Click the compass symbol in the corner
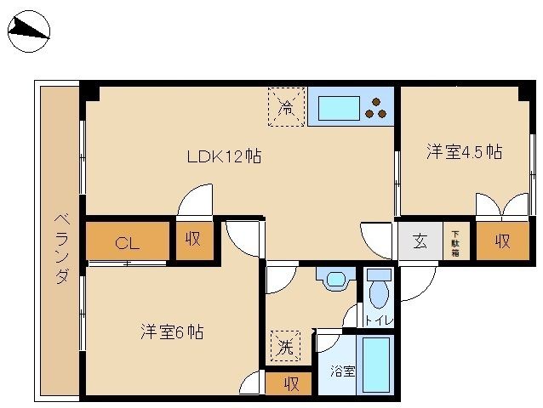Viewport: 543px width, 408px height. pos(29,31)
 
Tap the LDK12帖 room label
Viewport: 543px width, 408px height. pos(224,156)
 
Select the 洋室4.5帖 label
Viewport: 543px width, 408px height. pos(465,151)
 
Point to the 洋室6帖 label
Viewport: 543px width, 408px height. pos(172,332)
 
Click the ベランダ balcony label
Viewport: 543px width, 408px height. pos(61,248)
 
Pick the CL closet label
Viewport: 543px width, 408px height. pos(127,243)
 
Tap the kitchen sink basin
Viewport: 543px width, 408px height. pos(339,108)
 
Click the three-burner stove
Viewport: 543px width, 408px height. pos(376,108)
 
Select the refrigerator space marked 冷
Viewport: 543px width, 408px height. pos(287,107)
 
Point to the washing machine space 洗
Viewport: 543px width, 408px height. pos(285,346)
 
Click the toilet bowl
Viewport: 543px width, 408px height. pos(379,293)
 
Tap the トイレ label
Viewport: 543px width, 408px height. pos(380,320)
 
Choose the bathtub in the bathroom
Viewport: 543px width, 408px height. pos(376,365)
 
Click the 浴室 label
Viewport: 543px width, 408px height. pos(342,371)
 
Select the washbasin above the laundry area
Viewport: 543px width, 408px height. pos(335,279)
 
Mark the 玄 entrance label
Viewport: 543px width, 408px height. pos(420,241)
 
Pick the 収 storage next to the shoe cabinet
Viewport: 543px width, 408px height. pos(503,241)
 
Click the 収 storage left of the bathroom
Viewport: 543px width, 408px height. pos(289,383)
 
